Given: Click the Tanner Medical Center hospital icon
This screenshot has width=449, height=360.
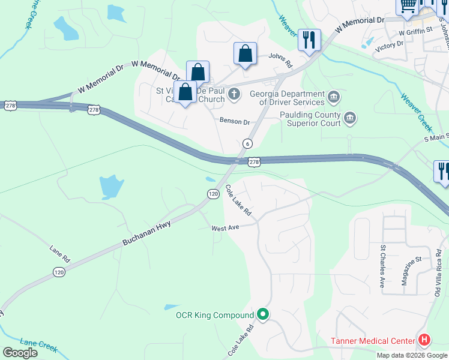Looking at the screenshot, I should pyautogui.click(x=424, y=341).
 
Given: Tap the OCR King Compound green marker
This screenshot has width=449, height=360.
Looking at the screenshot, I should pyautogui.click(x=263, y=314).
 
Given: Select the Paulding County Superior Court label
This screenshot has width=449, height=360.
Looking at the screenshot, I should pyautogui.click(x=308, y=119).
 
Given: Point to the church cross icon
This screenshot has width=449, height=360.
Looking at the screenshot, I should pyautogui.click(x=234, y=94).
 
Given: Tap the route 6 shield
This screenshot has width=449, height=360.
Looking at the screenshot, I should pyautogui.click(x=247, y=144).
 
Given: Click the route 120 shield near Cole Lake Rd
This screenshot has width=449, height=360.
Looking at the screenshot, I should pyautogui.click(x=213, y=194).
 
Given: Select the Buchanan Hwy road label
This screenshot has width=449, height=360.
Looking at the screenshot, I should pyautogui.click(x=147, y=233).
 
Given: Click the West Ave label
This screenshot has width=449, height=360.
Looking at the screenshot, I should pyautogui.click(x=225, y=228).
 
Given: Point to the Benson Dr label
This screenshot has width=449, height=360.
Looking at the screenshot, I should pyautogui.click(x=234, y=121).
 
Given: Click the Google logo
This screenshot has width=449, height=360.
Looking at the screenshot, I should pyautogui.click(x=20, y=353).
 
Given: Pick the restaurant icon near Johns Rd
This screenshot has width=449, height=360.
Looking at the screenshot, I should pyautogui.click(x=309, y=40).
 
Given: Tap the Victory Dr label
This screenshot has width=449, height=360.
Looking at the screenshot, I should pyautogui.click(x=389, y=45).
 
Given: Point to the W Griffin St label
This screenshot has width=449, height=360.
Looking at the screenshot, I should pyautogui.click(x=415, y=30).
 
